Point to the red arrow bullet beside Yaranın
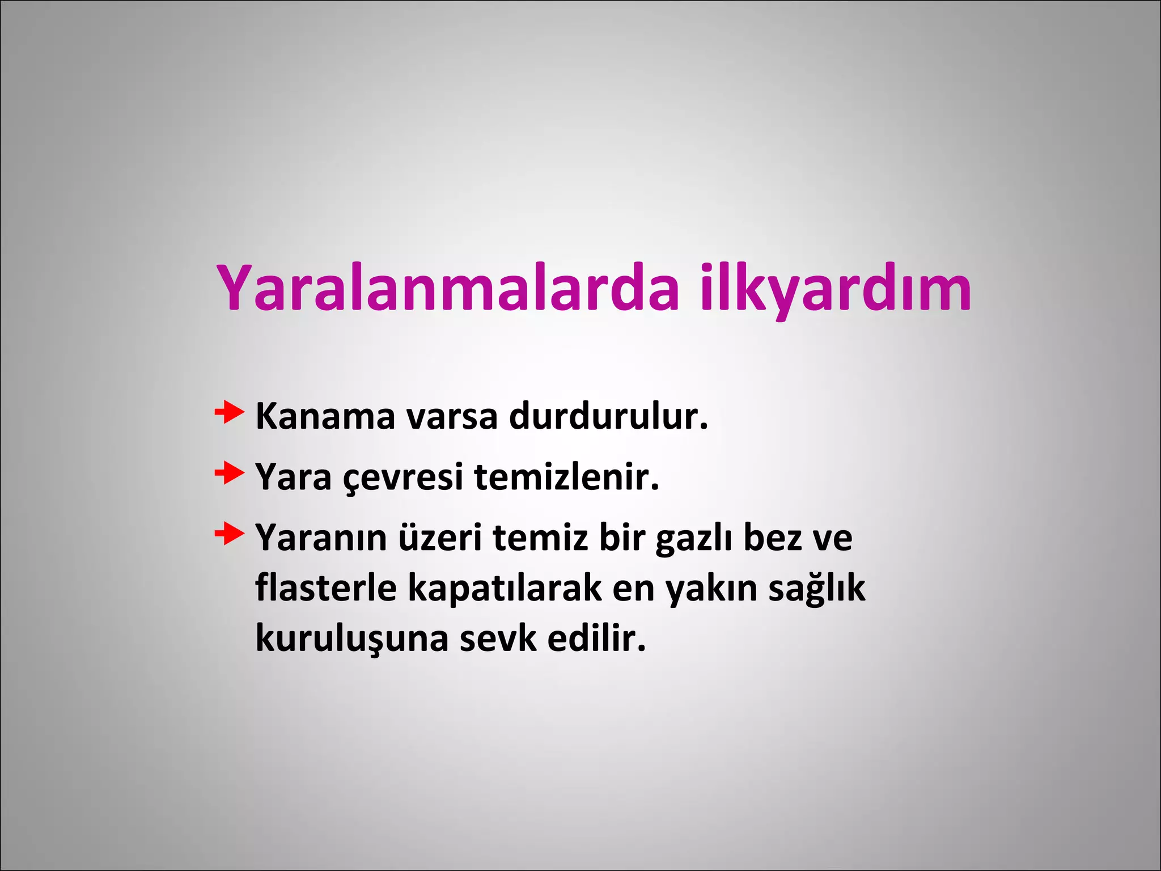click(x=229, y=534)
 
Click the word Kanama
click(x=325, y=417)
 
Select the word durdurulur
click(x=608, y=417)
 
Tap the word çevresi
click(x=403, y=477)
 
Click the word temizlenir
click(x=566, y=477)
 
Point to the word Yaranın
click(x=321, y=538)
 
